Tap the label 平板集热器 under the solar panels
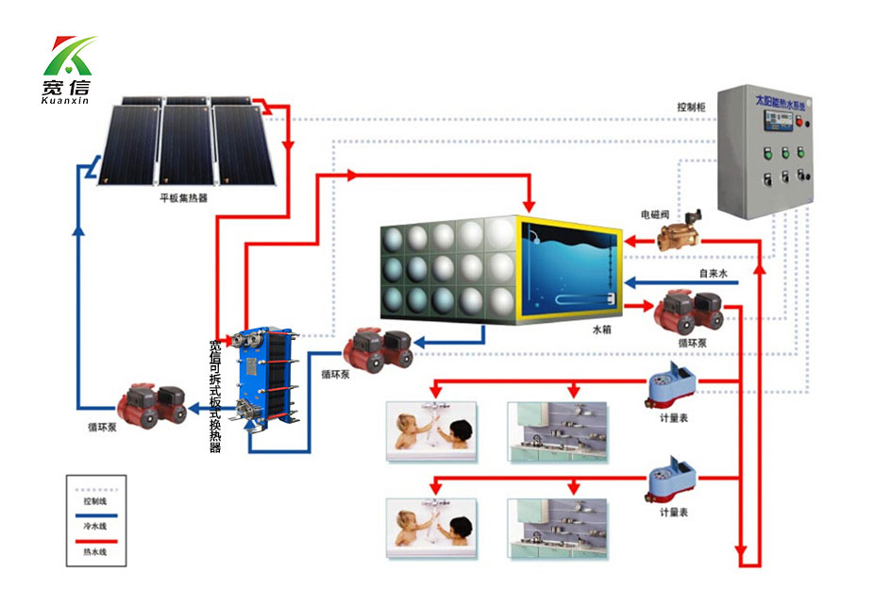click(184, 200)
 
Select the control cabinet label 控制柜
click(692, 107)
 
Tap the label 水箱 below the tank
click(602, 330)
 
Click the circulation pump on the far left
click(150, 403)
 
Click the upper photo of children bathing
click(432, 430)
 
